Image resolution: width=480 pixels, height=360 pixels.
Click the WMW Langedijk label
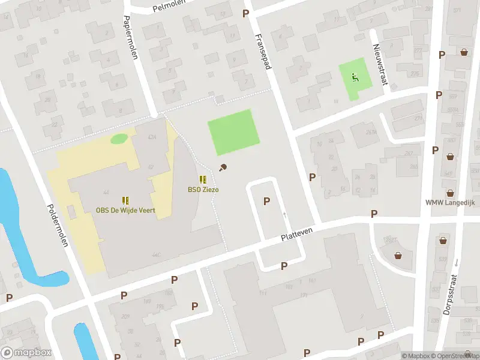click(x=450, y=203)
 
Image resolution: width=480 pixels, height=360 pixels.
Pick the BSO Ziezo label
click(x=202, y=189)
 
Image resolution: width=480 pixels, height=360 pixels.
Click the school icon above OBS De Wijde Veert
click(x=125, y=200)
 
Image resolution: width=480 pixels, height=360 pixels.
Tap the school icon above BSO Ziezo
click(x=203, y=179)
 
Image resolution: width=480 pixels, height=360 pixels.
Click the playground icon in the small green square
click(x=353, y=77)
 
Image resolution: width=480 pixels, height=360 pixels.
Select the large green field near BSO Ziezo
click(x=234, y=132)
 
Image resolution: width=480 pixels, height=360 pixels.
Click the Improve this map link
click(x=475, y=356)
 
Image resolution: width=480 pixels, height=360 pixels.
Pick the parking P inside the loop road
click(x=266, y=202)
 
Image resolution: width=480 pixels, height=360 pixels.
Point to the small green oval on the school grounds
click(x=119, y=139)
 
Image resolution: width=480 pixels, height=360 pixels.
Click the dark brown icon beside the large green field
click(x=223, y=167)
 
